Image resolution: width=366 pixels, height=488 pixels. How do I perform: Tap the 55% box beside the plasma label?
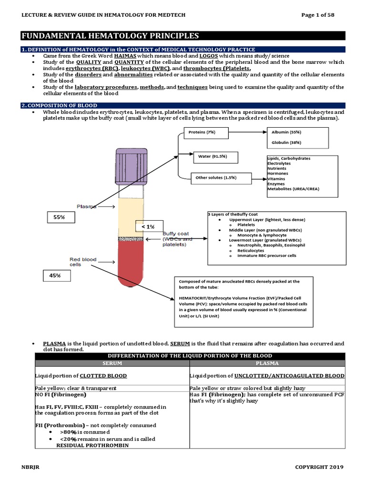pyautogui.click(x=60, y=217)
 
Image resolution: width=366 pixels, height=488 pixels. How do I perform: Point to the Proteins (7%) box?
pyautogui.click(x=205, y=132)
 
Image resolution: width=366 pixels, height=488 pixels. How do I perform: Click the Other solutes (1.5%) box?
pyautogui.click(x=216, y=178)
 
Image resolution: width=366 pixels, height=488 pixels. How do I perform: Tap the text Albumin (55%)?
pyautogui.click(x=286, y=132)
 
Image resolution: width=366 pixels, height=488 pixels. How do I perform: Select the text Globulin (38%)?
pyautogui.click(x=286, y=142)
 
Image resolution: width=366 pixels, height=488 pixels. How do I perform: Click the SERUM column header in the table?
pyautogui.click(x=112, y=363)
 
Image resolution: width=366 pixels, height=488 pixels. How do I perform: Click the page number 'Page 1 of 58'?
pyautogui.click(x=318, y=15)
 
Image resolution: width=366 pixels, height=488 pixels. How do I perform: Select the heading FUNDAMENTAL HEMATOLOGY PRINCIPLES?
pyautogui.click(x=110, y=36)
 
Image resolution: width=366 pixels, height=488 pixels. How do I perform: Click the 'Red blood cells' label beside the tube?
pyautogui.click(x=83, y=263)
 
